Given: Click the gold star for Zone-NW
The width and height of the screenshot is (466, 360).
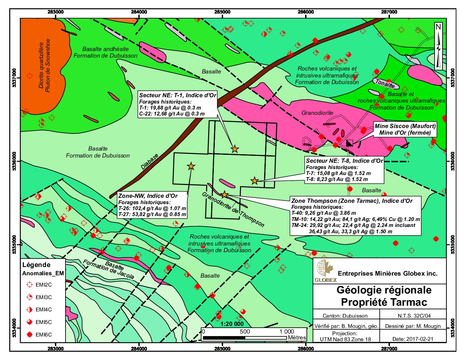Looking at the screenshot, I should (191, 166).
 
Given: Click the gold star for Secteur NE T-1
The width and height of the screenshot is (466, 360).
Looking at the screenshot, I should (235, 149).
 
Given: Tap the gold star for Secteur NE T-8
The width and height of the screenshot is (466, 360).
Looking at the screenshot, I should (254, 181).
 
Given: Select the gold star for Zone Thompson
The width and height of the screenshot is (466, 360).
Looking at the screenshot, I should (224, 195).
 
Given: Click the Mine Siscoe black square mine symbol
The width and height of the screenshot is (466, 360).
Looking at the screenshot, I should (350, 143).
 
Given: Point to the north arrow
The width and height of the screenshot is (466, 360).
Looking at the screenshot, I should (438, 46).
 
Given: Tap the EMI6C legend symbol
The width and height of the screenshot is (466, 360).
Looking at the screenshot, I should (30, 335).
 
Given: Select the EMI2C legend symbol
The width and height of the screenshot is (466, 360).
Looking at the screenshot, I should (30, 285).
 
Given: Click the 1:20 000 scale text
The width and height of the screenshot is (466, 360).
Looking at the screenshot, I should (232, 324).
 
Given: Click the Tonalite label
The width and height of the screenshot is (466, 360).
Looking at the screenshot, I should (385, 84).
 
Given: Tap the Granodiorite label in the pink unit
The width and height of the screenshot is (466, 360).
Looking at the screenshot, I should (317, 113).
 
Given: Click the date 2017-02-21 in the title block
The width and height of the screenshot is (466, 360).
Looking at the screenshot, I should (412, 339).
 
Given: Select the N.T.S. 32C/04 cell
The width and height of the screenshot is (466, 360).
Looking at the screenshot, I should (412, 316).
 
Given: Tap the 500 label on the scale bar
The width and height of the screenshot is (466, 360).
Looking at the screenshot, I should (245, 332).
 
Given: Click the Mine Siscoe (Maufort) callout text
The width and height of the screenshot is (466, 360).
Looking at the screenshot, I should (405, 129).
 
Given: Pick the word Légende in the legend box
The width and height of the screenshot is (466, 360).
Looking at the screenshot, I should (36, 265).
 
